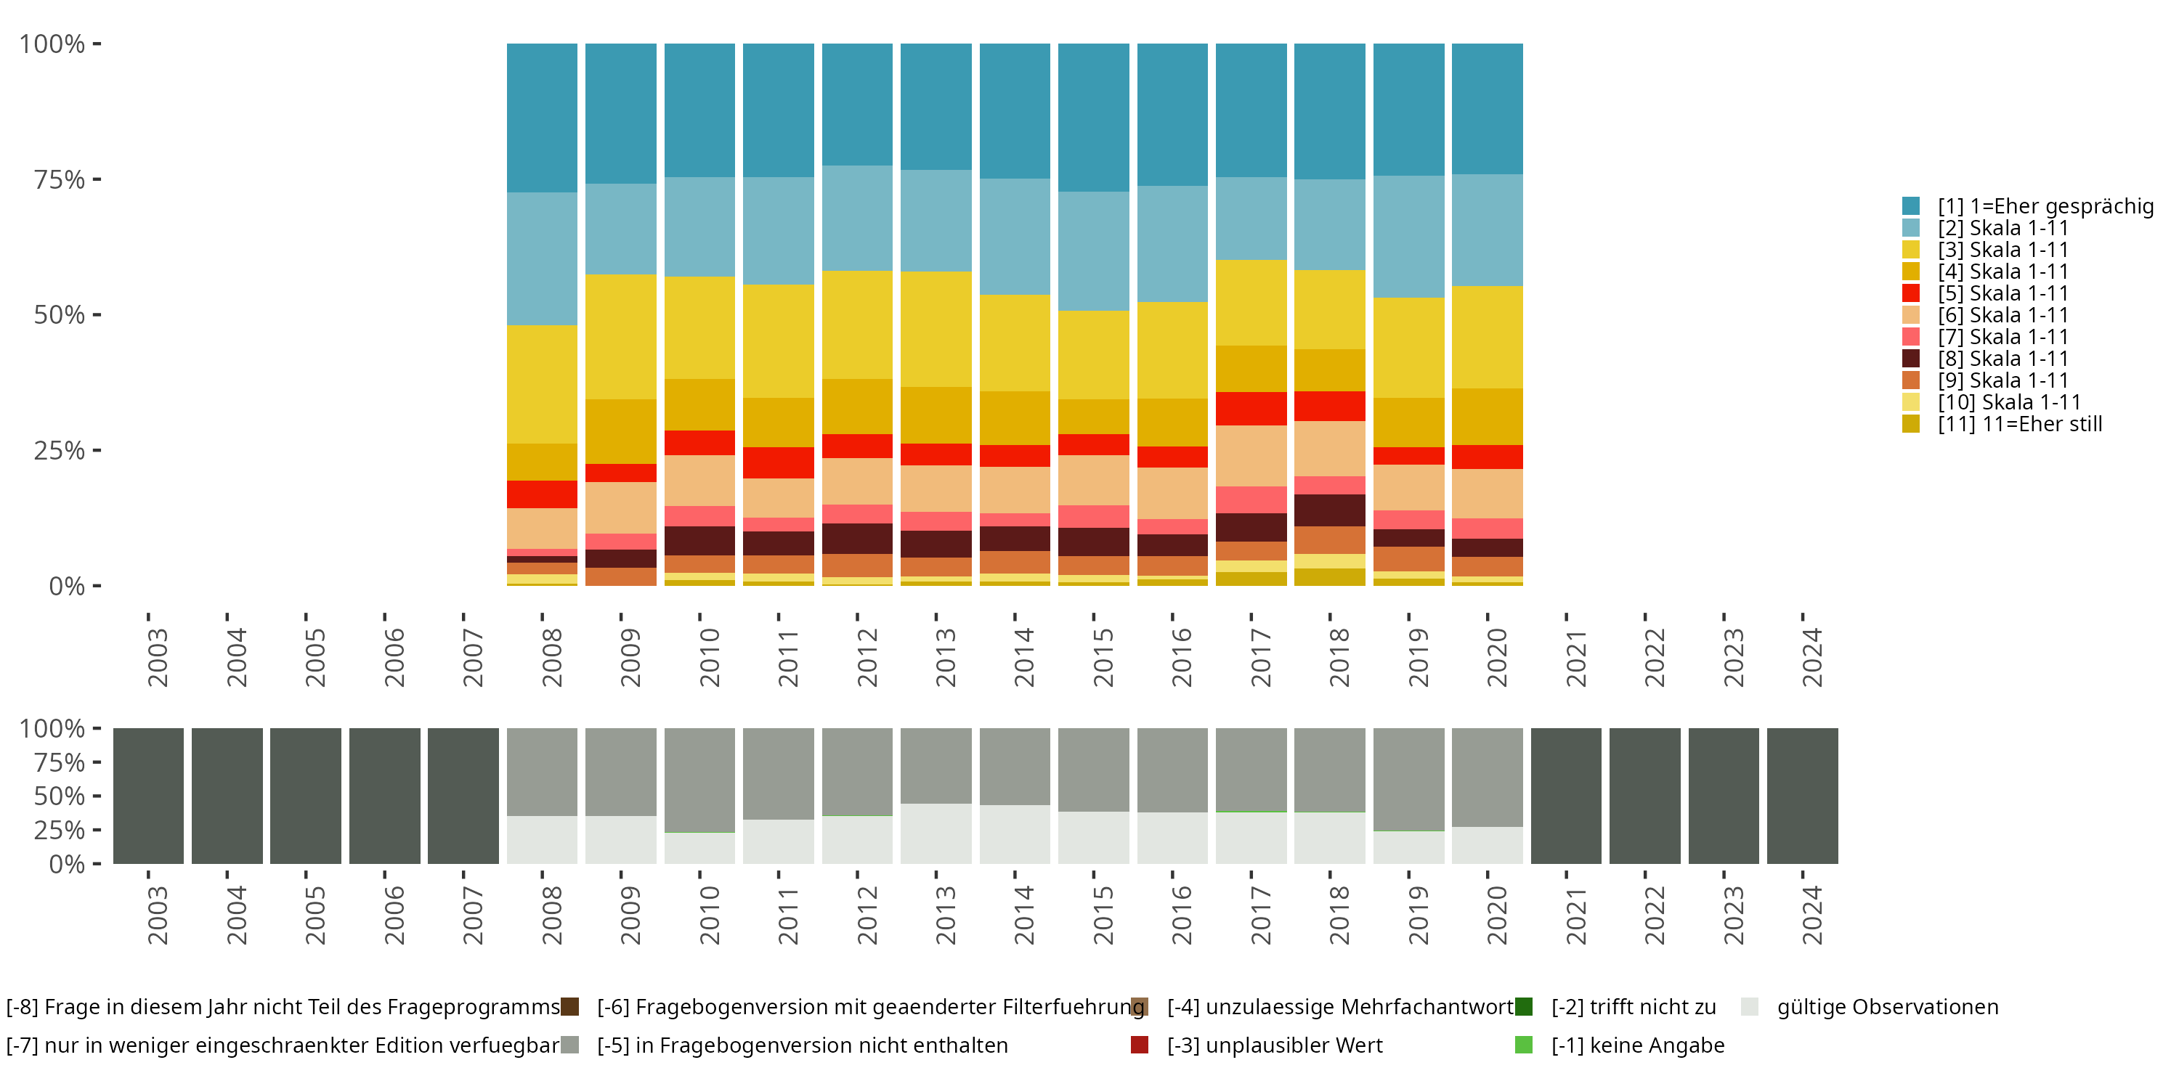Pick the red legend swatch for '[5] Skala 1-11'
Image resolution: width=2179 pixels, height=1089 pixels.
pyautogui.click(x=1911, y=293)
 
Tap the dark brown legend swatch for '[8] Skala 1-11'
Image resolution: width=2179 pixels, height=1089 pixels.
pyautogui.click(x=1911, y=359)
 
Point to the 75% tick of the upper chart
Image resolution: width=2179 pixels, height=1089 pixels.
pyautogui.click(x=97, y=179)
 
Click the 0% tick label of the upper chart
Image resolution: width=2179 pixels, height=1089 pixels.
pyautogui.click(x=67, y=586)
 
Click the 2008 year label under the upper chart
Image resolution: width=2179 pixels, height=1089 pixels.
pyautogui.click(x=551, y=657)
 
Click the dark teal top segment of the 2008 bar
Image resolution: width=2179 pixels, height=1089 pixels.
pyautogui.click(x=543, y=118)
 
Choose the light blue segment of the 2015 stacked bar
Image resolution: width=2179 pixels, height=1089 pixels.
pyautogui.click(x=1094, y=250)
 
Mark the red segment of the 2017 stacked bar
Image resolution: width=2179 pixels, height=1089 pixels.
pyautogui.click(x=1251, y=408)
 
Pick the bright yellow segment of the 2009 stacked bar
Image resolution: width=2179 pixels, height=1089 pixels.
pyautogui.click(x=621, y=337)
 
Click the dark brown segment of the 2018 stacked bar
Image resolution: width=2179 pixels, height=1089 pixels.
pyautogui.click(x=1330, y=510)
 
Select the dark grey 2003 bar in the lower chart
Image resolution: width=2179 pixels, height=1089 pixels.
pyautogui.click(x=148, y=796)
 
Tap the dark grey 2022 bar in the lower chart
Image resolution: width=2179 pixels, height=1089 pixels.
pyautogui.click(x=1644, y=796)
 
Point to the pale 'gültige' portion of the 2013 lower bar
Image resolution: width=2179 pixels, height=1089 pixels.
pyautogui.click(x=936, y=833)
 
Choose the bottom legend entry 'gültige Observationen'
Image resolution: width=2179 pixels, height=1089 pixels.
pyautogui.click(x=1887, y=1007)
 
